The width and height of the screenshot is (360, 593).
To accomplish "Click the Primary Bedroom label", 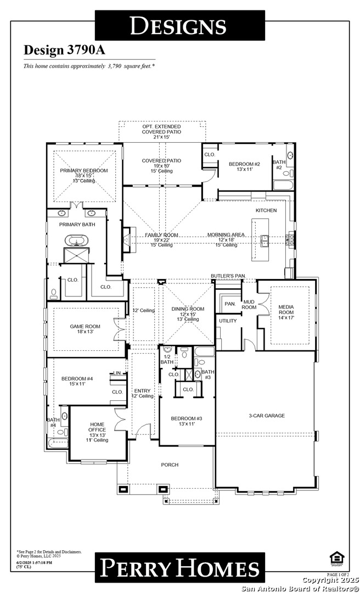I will (x=83, y=171).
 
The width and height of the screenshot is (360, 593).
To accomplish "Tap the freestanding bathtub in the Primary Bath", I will (x=74, y=240).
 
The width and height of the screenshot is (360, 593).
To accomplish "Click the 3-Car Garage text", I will (x=267, y=416).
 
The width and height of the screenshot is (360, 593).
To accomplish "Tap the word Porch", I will (x=170, y=465).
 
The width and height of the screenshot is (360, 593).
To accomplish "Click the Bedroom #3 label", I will (x=187, y=418).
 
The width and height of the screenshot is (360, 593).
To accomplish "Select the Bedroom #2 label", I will (x=244, y=164).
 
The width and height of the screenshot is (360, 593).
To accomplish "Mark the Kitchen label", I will (x=266, y=210).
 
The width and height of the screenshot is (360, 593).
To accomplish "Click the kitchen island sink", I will (x=265, y=239).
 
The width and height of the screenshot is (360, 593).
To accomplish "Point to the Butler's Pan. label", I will (x=228, y=275).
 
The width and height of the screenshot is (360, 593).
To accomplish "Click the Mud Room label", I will (x=249, y=305).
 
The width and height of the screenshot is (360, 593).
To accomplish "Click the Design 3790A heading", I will (x=64, y=50).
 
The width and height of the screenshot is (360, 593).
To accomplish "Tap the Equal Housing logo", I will (x=336, y=558).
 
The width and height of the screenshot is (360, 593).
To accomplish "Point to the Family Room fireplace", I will (x=127, y=240).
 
